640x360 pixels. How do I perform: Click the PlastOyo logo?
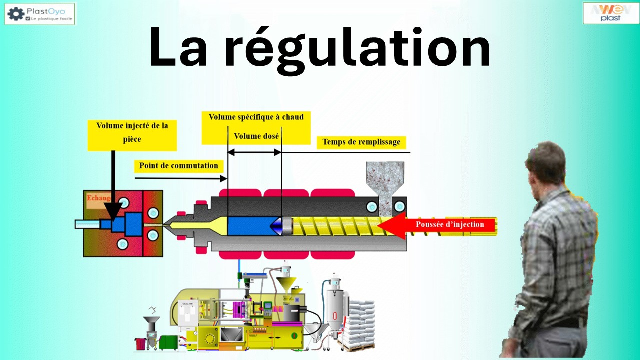40,14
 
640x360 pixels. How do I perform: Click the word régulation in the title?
356,48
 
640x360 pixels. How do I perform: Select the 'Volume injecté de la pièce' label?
132,132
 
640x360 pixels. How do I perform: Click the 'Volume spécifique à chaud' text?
256,117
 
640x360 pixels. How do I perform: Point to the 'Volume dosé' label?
256,136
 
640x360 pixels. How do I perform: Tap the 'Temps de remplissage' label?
361,142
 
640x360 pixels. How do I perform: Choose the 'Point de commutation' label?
178,165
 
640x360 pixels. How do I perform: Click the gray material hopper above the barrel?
385,180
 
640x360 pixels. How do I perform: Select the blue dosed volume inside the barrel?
248,226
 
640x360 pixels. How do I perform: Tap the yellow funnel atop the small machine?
286,284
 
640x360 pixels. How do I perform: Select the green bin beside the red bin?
168,343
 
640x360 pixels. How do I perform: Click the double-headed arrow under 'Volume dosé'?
254,152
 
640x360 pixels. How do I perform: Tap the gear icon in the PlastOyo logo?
16,14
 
